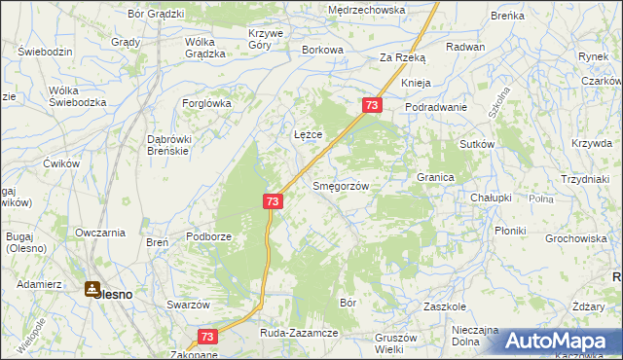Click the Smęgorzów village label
pyautogui.click(x=339, y=185)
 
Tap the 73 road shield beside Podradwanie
pyautogui.click(x=371, y=104)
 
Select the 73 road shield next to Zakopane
pyautogui.click(x=206, y=337)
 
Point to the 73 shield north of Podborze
pyautogui.click(x=273, y=201)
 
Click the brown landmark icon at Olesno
pyautogui.click(x=92, y=289)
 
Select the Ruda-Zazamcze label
pyautogui.click(x=298, y=333)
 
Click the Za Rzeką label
pyautogui.click(x=402, y=57)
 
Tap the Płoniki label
pyautogui.click(x=510, y=231)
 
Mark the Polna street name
pyautogui.click(x=540, y=198)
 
